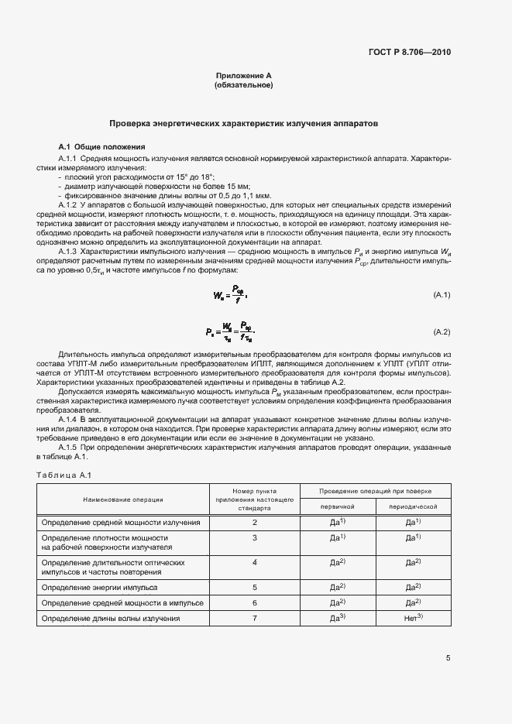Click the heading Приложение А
point(243,75)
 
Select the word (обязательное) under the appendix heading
point(243,85)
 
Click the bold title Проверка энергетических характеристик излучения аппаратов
point(243,123)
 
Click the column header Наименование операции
point(123,499)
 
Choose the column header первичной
point(337,506)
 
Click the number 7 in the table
point(254,619)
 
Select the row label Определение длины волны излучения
point(111,619)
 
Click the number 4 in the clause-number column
point(254,562)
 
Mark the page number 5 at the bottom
point(448,658)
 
